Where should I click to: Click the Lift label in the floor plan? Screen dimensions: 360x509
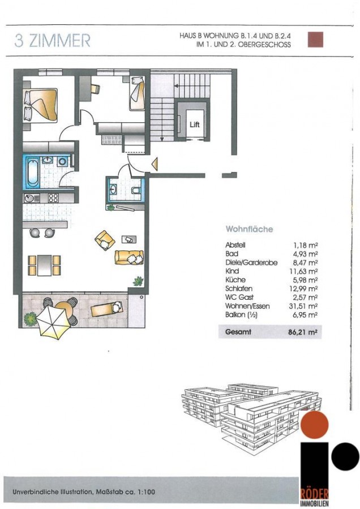[194, 124]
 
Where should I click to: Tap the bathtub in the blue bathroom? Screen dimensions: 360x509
[33, 172]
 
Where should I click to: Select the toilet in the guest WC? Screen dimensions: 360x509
[136, 190]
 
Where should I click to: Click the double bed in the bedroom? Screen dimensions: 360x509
[40, 105]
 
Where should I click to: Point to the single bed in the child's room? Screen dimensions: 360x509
[137, 93]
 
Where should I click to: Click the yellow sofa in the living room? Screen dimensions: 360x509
[129, 257]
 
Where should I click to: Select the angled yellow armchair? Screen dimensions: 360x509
[105, 240]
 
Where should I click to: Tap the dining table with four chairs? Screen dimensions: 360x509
[44, 265]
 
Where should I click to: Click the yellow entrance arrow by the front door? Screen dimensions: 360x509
[155, 163]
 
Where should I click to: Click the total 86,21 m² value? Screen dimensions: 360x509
[302, 332]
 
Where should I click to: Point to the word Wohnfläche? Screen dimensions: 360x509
[249, 229]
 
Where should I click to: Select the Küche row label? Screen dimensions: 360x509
[235, 280]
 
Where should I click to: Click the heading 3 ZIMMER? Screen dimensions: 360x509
[52, 41]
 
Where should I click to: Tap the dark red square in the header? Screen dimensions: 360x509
[315, 39]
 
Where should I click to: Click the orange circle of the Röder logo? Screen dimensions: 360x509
[315, 424]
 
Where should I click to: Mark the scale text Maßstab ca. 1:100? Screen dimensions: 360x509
[126, 492]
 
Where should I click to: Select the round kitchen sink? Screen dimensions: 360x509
[29, 198]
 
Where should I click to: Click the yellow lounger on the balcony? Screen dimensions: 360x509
[106, 309]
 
